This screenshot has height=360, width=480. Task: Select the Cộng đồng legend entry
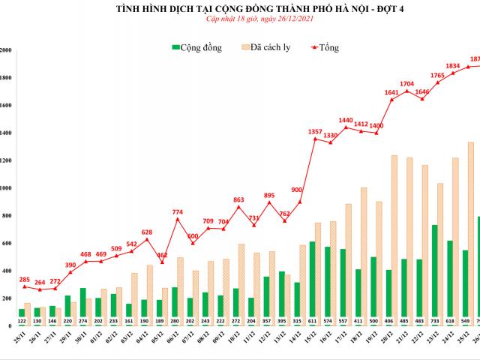tap(197, 47)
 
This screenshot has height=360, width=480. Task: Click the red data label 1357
tap(316, 132)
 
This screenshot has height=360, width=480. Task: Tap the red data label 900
tap(296, 190)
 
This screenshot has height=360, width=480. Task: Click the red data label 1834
tap(452, 66)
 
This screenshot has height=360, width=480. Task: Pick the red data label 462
tap(162, 255)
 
